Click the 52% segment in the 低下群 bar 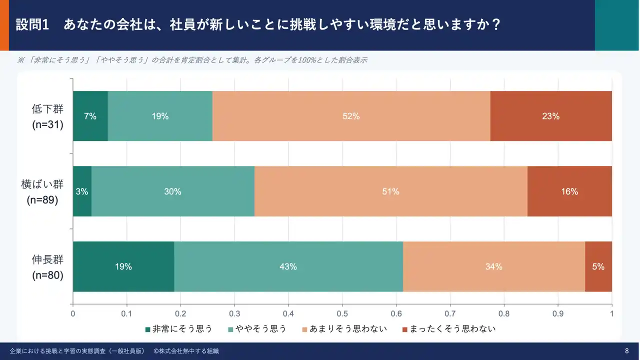point(351,116)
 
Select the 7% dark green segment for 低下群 point(90,116)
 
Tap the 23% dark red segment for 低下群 point(551,116)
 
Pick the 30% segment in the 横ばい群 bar point(173,191)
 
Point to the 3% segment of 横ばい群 point(82,191)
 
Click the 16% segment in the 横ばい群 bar point(569,191)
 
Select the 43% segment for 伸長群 point(288,266)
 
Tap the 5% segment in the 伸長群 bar point(598,266)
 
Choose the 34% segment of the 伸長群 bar point(494,266)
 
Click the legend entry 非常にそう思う point(178,328)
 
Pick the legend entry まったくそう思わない point(448,328)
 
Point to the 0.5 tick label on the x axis point(342,314)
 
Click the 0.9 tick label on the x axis point(558,314)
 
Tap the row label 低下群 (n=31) point(47,116)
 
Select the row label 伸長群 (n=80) point(47,267)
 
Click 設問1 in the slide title point(32,24)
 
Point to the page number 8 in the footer point(627,351)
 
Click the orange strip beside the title point(4,25)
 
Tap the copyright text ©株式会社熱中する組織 point(186,351)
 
